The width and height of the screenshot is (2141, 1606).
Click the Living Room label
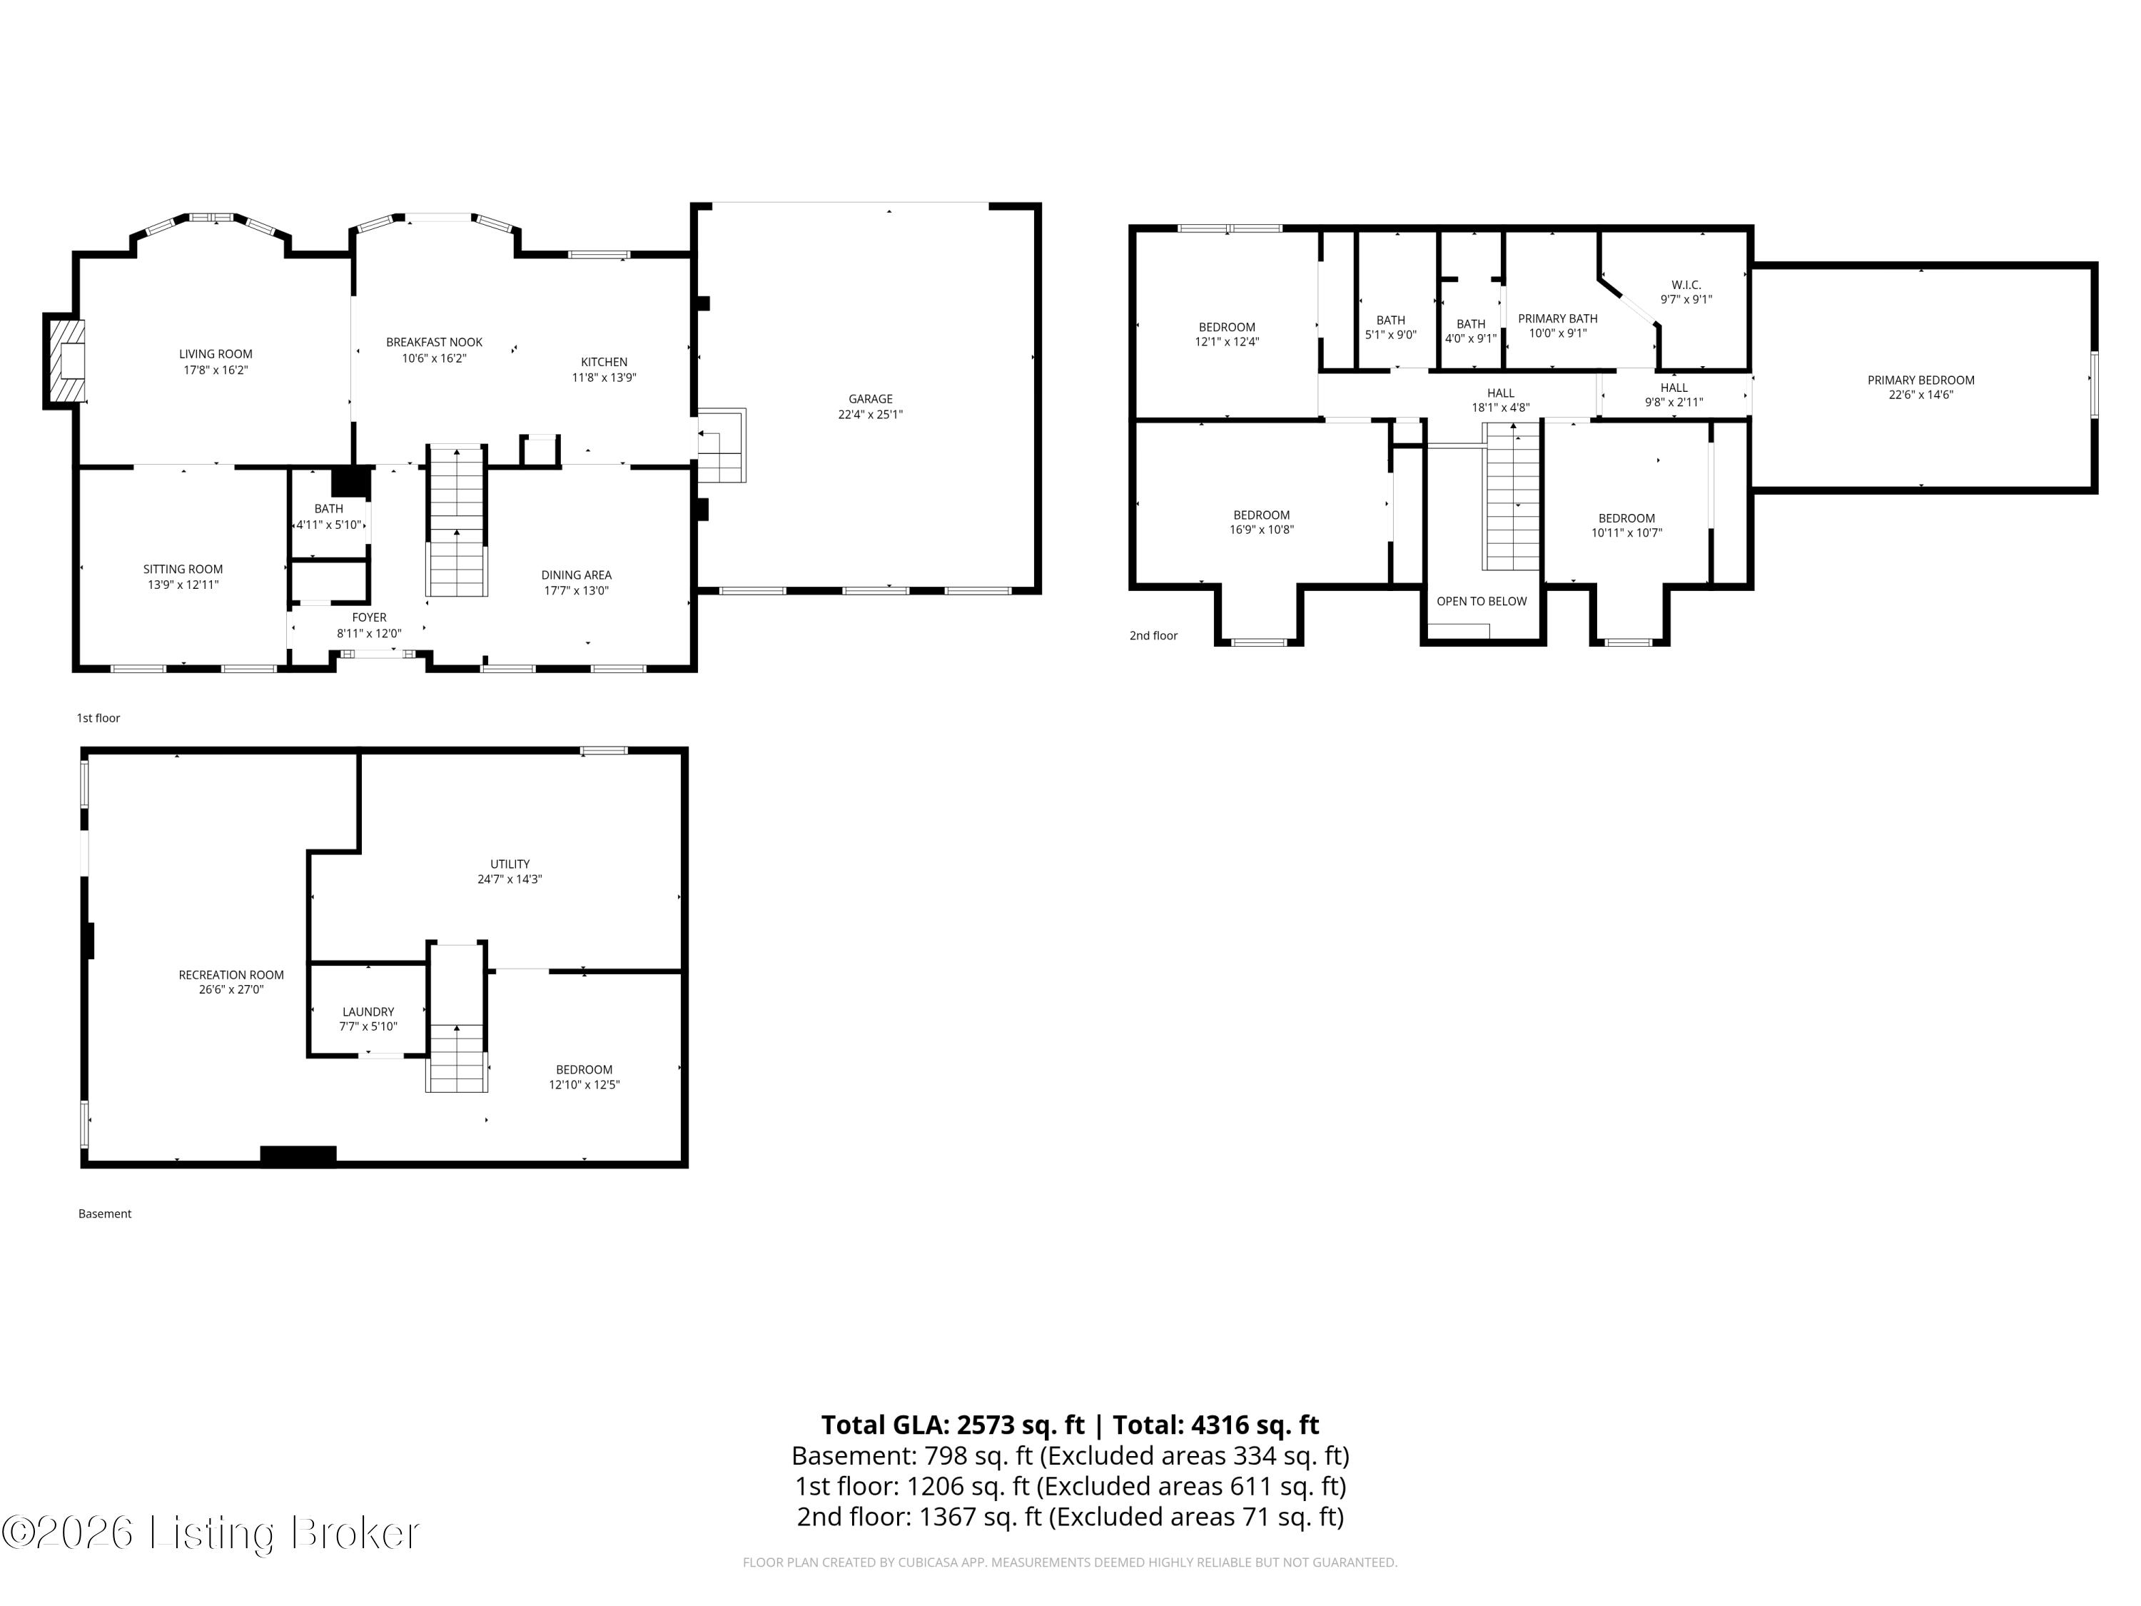[x=215, y=354]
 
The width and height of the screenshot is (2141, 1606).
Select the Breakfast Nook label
[x=434, y=343]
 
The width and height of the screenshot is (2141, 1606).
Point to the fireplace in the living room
[x=66, y=361]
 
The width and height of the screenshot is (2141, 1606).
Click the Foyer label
[x=369, y=617]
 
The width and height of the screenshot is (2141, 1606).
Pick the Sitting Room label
[x=183, y=569]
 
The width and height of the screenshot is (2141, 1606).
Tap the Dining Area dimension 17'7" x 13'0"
[x=576, y=590]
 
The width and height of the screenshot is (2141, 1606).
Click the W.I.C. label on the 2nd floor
[x=1686, y=285]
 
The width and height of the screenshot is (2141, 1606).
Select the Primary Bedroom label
[x=1920, y=380]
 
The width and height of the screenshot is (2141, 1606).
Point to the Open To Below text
[x=1481, y=601]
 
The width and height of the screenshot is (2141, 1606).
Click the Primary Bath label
[x=1557, y=318]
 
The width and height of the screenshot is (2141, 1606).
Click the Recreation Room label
[x=231, y=975]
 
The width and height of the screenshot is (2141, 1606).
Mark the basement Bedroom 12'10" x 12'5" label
[x=584, y=1076]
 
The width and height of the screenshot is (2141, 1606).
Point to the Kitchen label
[x=604, y=362]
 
